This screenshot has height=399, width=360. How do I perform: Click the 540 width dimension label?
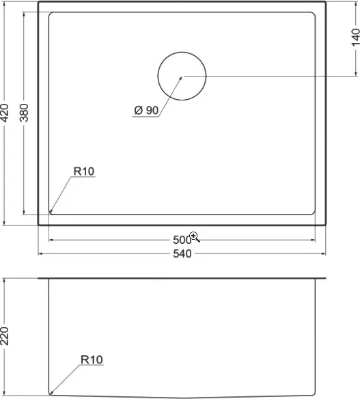point(182,253)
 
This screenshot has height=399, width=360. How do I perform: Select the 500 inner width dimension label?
point(182,240)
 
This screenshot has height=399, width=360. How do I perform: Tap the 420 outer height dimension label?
point(5,113)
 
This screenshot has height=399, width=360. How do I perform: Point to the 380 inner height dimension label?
point(24,113)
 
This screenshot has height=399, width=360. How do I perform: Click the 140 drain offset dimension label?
point(355,38)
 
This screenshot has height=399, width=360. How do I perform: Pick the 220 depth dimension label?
point(5,336)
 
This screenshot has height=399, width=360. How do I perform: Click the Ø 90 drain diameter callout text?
point(146,111)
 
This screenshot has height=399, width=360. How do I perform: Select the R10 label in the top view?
point(84,171)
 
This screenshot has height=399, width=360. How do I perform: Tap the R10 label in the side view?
point(92,360)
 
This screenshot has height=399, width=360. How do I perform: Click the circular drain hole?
point(182,52)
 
